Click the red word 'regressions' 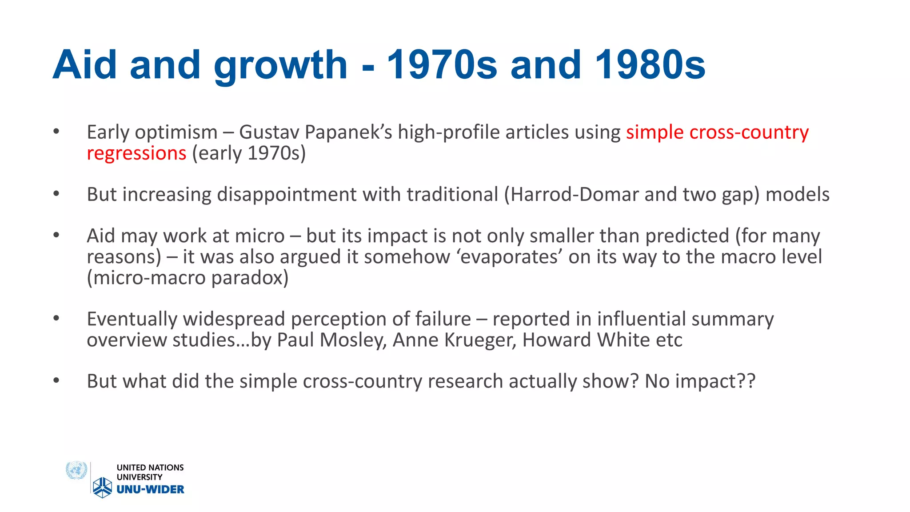[x=136, y=153]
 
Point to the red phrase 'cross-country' [x=749, y=132]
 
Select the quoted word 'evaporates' [x=510, y=257]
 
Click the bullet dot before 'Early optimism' [x=56, y=131]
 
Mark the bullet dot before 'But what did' [x=56, y=380]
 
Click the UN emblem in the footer [x=76, y=470]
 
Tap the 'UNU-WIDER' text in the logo [x=150, y=489]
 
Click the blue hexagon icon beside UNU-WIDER [x=103, y=487]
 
